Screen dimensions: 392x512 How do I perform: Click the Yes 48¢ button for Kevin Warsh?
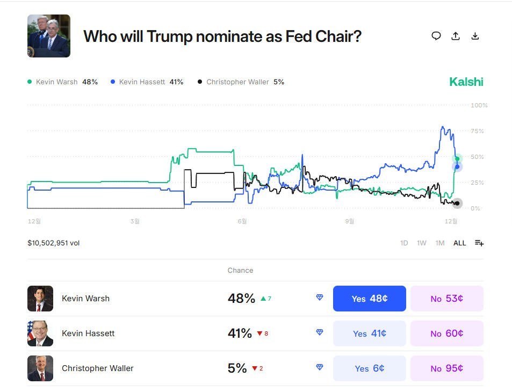(x=369, y=299)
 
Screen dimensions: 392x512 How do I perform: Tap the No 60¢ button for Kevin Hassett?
(x=446, y=333)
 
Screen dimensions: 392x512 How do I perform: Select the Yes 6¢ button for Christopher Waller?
(x=369, y=368)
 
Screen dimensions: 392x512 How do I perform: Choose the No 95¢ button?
(x=446, y=368)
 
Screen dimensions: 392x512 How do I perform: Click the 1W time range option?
(x=422, y=243)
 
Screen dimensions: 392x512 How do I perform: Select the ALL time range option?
(x=459, y=243)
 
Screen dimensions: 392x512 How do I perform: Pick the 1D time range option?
(x=404, y=243)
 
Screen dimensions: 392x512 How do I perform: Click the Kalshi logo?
(x=466, y=82)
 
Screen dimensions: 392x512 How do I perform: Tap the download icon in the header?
(x=475, y=36)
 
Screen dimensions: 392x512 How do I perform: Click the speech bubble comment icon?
(x=436, y=36)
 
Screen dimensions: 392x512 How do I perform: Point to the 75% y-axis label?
(x=477, y=131)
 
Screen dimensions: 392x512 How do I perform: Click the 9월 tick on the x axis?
(x=349, y=221)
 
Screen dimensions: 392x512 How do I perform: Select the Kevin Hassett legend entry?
(x=146, y=82)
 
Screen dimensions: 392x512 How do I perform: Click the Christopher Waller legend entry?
(x=241, y=82)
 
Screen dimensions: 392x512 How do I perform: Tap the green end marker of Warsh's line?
(x=457, y=158)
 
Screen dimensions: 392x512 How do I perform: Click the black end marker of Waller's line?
(x=457, y=203)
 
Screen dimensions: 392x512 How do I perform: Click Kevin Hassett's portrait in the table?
(x=40, y=333)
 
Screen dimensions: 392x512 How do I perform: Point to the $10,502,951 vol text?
(x=54, y=243)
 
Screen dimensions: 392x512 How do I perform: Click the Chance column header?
(x=240, y=271)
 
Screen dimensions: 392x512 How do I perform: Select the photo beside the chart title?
(x=49, y=36)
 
